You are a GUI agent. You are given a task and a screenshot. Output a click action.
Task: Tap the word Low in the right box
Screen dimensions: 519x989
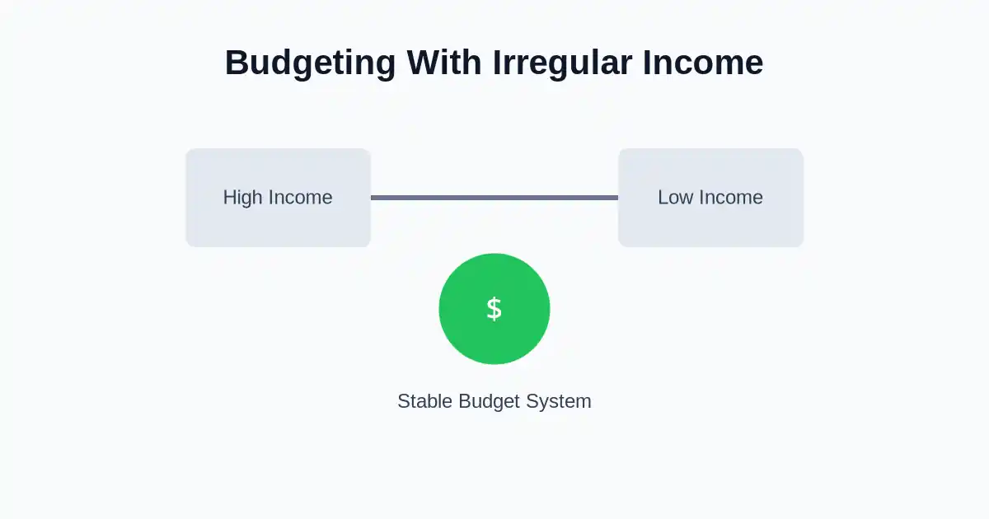tap(675, 198)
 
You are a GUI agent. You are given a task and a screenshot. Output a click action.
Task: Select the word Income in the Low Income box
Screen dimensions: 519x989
tap(729, 198)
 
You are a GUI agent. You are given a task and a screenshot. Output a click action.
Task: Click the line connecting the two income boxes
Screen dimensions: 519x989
tap(494, 198)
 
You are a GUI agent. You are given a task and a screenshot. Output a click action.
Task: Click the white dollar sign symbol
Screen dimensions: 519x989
tap(494, 309)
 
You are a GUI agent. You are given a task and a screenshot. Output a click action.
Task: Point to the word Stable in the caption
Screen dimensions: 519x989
tap(424, 401)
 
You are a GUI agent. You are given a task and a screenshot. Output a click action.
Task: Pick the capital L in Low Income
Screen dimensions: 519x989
tap(663, 198)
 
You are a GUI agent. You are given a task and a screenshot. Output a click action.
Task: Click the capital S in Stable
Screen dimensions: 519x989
tap(403, 401)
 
